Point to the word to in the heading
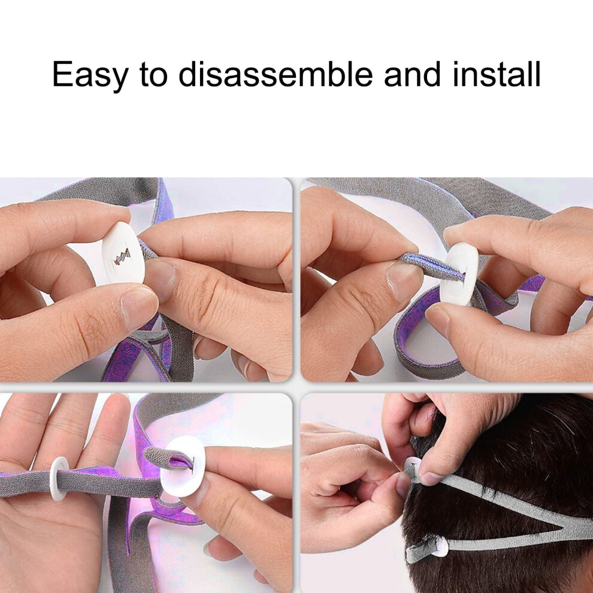coord(153,75)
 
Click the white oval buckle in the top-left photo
coord(123,253)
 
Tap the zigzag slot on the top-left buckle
coord(123,256)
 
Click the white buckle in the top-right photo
coord(459,273)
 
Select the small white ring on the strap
coord(59,478)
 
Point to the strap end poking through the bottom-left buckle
coord(169,458)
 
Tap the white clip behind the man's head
coord(412,469)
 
